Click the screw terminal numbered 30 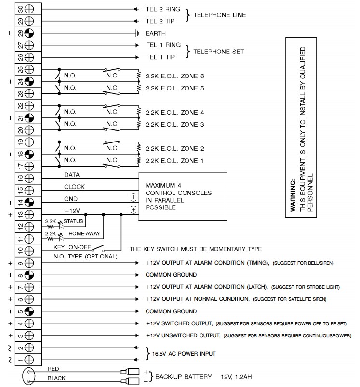(x=29, y=10)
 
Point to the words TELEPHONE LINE (x=219, y=15)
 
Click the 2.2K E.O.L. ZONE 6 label (x=175, y=76)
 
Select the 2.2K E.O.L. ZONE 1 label (x=175, y=160)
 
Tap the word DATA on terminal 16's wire (x=72, y=175)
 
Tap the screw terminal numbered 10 (x=29, y=250)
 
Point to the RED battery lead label (x=53, y=369)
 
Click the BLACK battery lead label (x=56, y=378)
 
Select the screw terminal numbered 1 (x=29, y=359)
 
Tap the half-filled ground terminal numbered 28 (x=29, y=34)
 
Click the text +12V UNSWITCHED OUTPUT (x=183, y=335)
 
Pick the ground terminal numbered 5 (x=29, y=311)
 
